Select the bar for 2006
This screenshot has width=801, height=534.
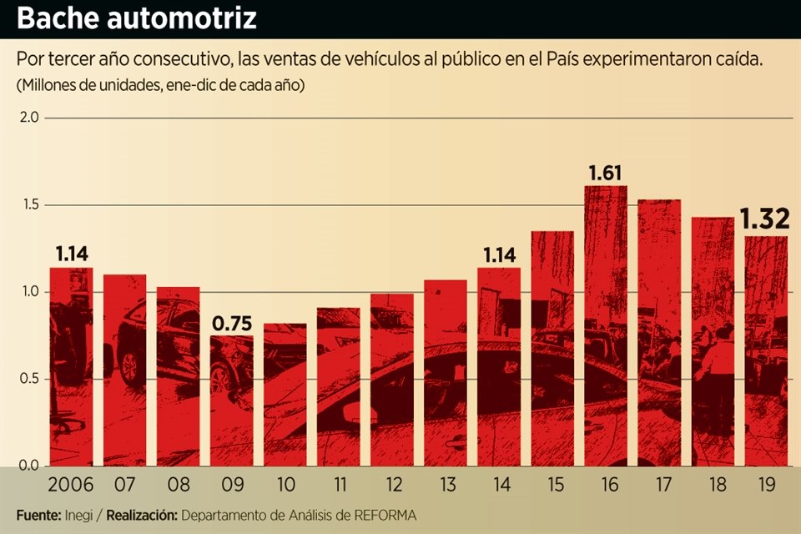(x=71, y=367)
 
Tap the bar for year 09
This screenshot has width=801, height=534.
(x=231, y=400)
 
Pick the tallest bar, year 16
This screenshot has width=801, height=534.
(x=606, y=325)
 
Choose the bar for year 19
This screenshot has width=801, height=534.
(x=766, y=350)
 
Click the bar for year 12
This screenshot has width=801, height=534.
(x=392, y=380)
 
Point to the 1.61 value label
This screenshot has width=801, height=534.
(x=607, y=174)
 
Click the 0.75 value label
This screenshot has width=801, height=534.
(x=231, y=323)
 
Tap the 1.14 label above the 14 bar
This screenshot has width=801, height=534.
(x=499, y=254)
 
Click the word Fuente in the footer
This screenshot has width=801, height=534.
(x=37, y=515)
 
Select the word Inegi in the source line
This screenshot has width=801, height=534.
(x=79, y=515)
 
